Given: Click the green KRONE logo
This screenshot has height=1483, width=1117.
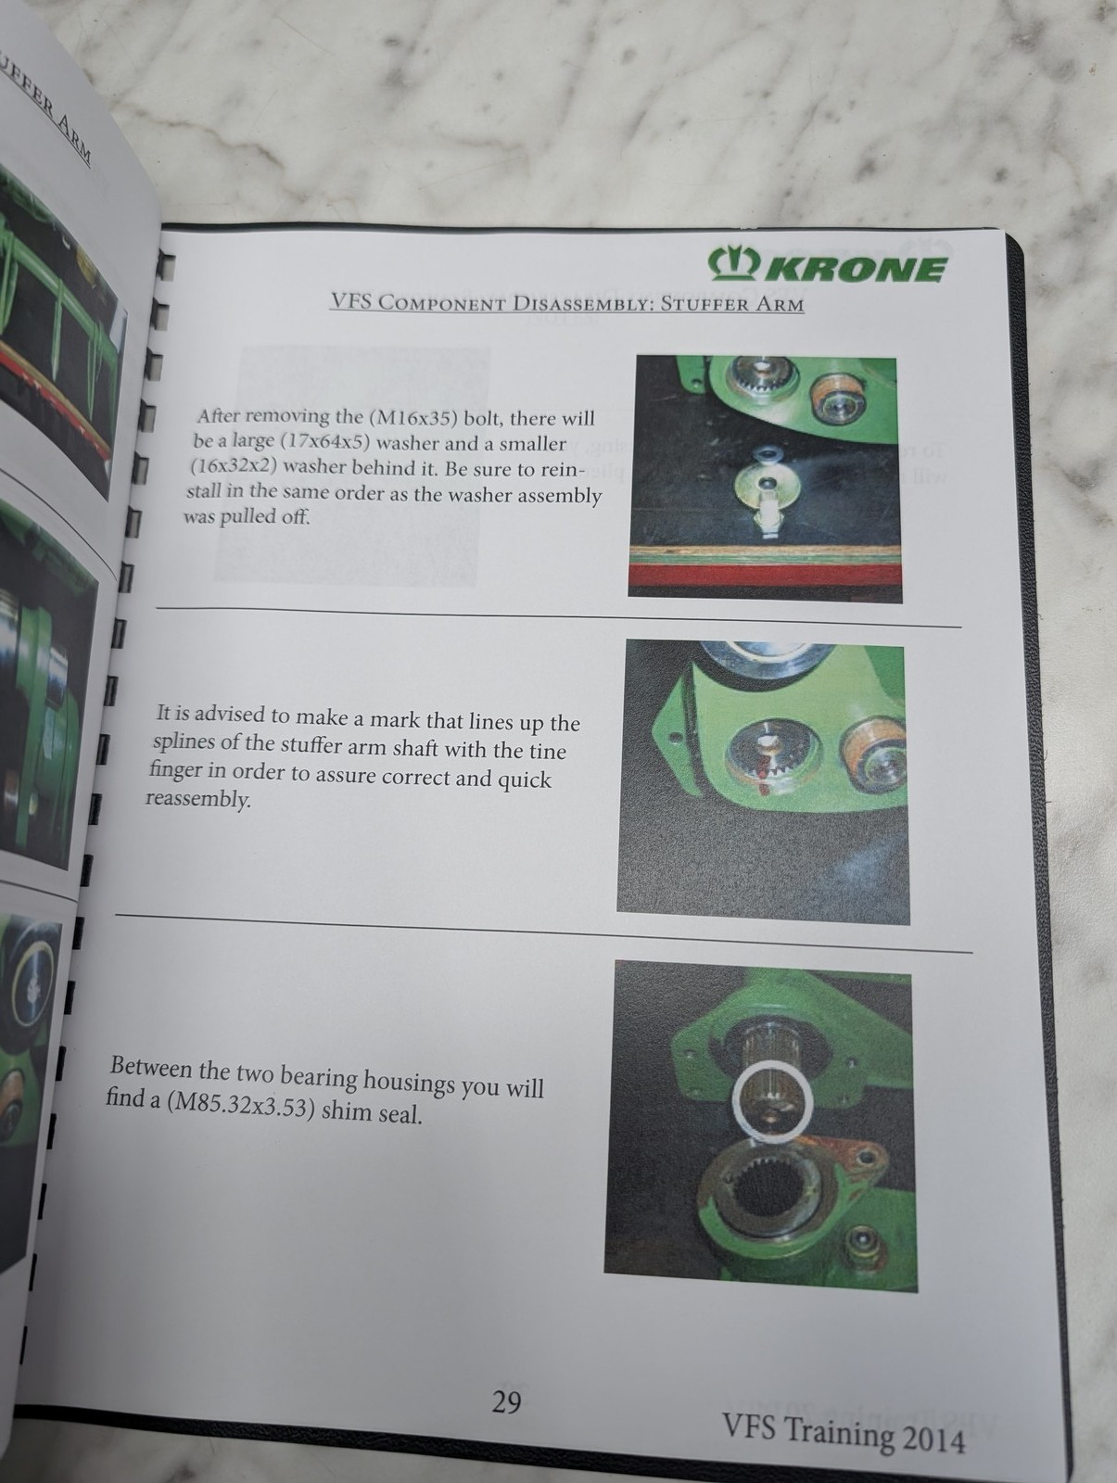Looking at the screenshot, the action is click(827, 266).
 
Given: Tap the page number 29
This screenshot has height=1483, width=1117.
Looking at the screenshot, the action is click(506, 1402).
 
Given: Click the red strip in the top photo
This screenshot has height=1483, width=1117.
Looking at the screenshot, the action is click(765, 576).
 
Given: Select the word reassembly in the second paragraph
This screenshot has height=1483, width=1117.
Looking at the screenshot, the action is click(198, 799).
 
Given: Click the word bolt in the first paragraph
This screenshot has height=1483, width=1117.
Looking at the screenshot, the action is click(482, 419).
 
